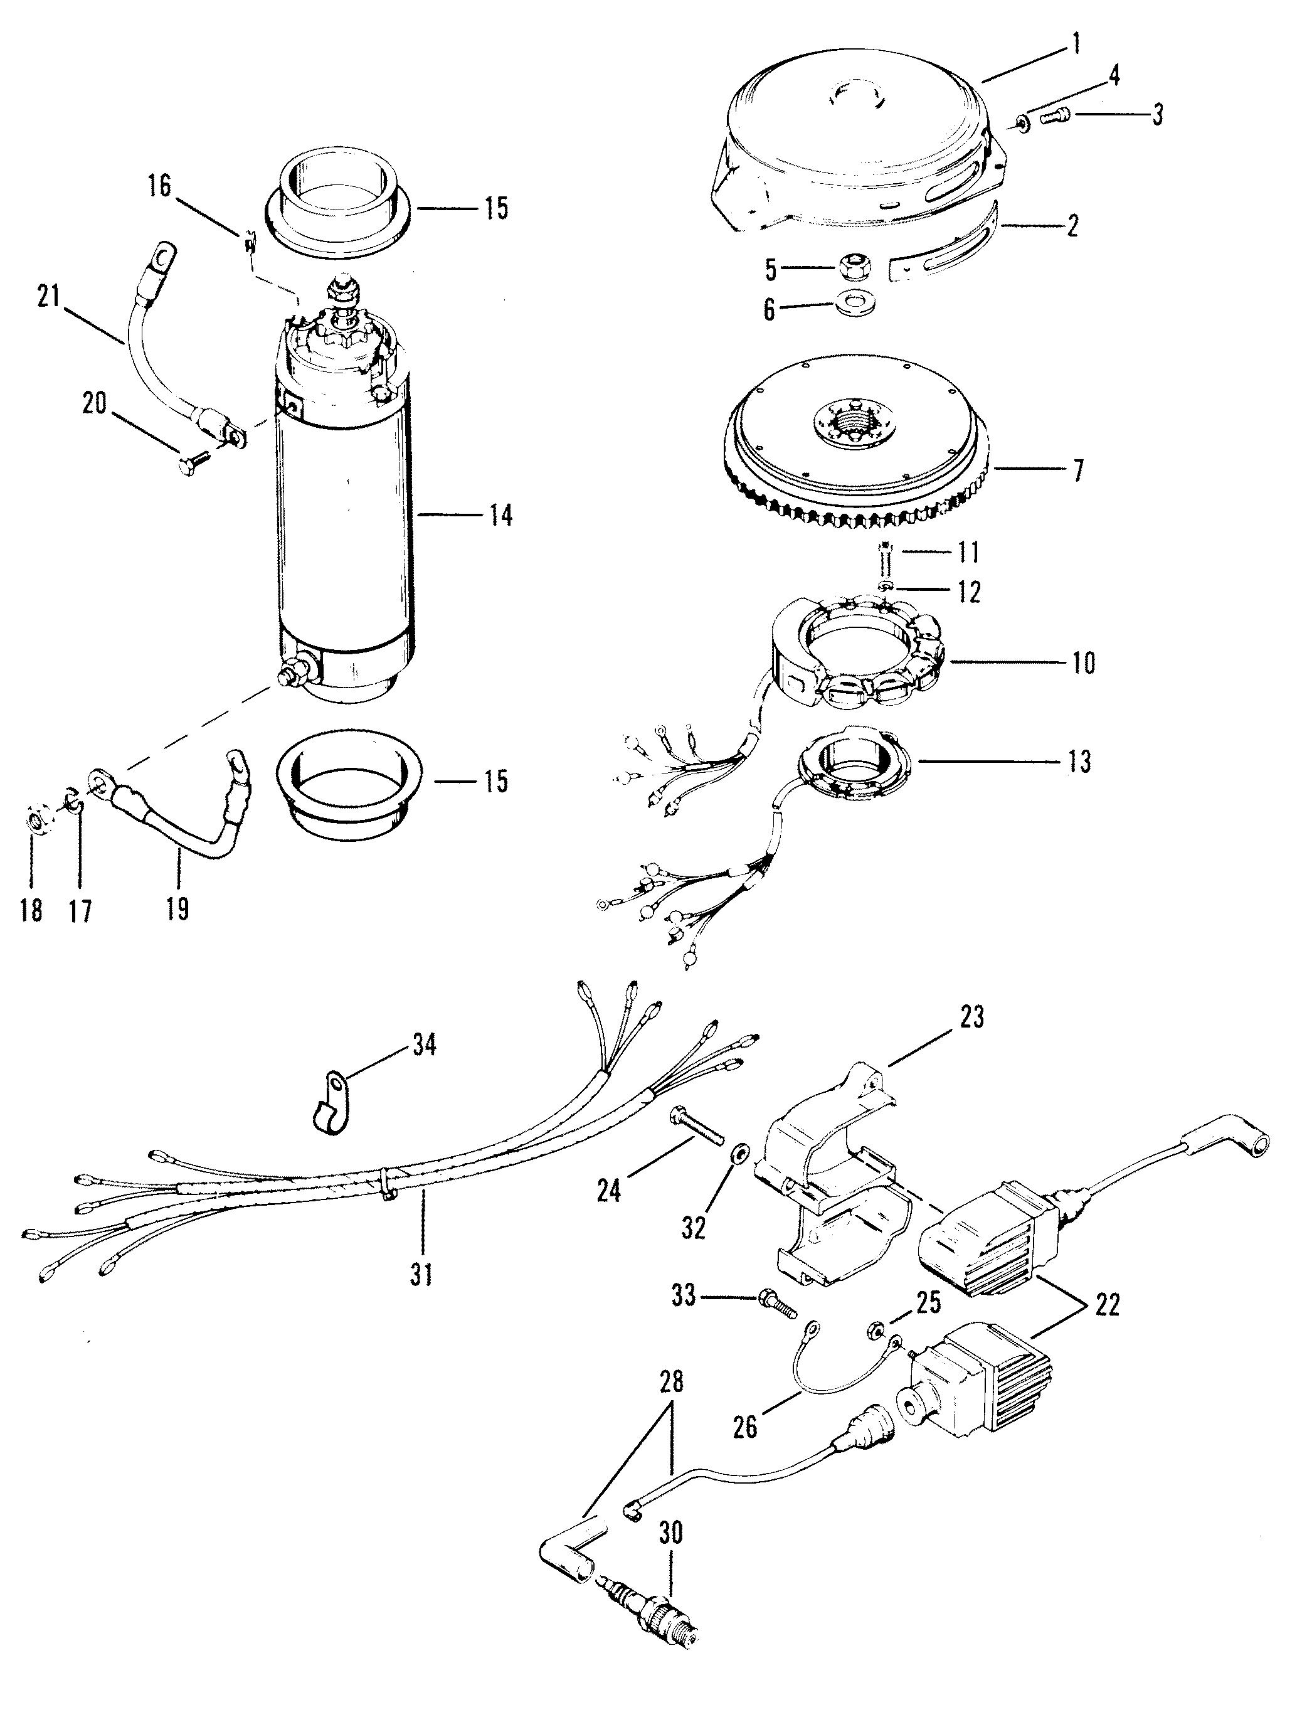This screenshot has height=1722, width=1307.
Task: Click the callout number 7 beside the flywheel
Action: point(1077,471)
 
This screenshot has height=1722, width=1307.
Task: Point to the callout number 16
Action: point(159,188)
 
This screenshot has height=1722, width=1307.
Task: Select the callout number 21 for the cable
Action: point(48,297)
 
